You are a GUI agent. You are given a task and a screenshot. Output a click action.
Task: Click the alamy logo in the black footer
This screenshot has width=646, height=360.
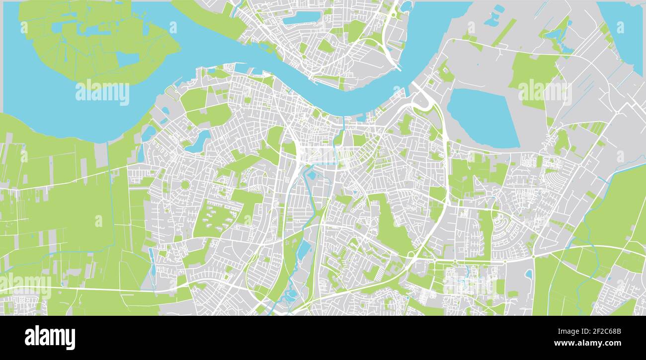click(x=50, y=338)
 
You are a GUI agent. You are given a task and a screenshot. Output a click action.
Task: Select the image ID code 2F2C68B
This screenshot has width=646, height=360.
click(x=603, y=331)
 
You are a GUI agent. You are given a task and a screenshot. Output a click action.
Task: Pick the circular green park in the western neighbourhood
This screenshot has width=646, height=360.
click(x=185, y=185)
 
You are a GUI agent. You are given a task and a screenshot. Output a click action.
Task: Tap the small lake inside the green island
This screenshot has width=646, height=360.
click(x=127, y=59)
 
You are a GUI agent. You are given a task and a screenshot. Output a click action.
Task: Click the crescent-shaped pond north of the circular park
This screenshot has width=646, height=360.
click(x=199, y=142)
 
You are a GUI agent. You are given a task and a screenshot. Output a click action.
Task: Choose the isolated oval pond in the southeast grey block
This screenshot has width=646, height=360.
click(x=528, y=274)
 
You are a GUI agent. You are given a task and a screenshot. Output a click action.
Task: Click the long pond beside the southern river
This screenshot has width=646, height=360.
click(x=303, y=250)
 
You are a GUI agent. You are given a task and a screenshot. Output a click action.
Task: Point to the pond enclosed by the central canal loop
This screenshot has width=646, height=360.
click(x=312, y=174)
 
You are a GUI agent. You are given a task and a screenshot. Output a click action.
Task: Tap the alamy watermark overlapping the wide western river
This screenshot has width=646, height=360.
click(x=102, y=92)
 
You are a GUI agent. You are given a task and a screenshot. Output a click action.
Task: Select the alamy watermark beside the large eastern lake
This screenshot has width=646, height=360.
click(x=545, y=91)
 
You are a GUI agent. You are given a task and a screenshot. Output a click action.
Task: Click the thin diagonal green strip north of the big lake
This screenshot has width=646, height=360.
click(x=504, y=32)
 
